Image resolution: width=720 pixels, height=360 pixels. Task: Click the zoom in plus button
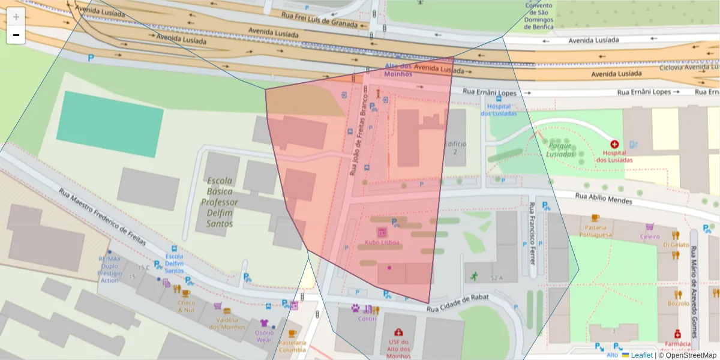pyautogui.click(x=16, y=17)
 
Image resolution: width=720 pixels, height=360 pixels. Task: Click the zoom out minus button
pyautogui.click(x=16, y=35)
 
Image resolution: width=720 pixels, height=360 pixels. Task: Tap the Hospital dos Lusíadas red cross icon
pyautogui.click(x=614, y=145)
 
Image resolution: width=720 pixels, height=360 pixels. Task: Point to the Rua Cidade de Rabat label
pyautogui.click(x=458, y=302)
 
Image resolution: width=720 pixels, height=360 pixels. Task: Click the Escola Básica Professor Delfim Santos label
pyautogui.click(x=219, y=202)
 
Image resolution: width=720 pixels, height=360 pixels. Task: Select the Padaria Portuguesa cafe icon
pyautogui.click(x=595, y=218)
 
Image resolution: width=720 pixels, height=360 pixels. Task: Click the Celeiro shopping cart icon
pyautogui.click(x=649, y=227)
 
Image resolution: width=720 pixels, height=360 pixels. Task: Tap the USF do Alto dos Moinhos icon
pyautogui.click(x=398, y=332)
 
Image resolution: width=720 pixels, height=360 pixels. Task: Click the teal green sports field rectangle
pyautogui.click(x=110, y=124)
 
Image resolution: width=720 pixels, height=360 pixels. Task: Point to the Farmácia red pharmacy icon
pyautogui.click(x=677, y=334)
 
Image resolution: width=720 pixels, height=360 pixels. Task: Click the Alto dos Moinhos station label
pyautogui.click(x=398, y=70)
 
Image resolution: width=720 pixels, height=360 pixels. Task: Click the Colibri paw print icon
pyautogui.click(x=356, y=309)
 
